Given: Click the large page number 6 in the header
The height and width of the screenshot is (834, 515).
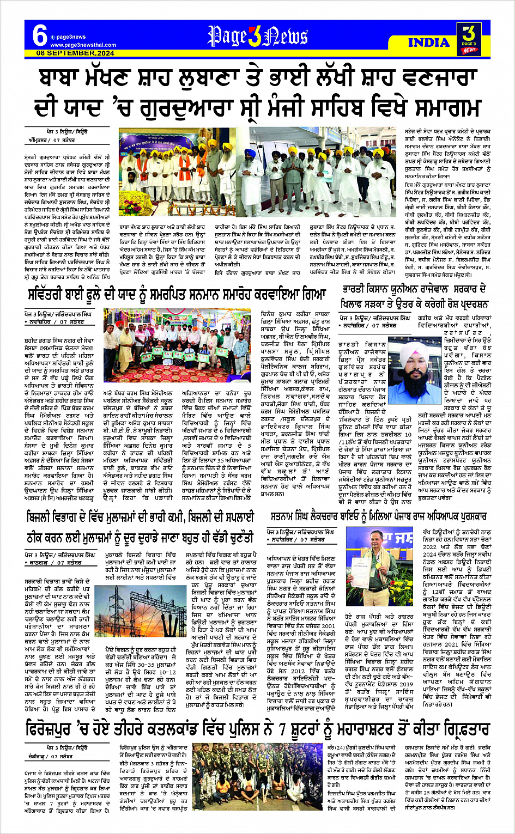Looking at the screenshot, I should (x=40, y=36).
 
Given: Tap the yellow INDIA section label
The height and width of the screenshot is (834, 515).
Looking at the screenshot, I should (x=428, y=42).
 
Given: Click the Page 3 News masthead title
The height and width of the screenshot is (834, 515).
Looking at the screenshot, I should (x=257, y=36).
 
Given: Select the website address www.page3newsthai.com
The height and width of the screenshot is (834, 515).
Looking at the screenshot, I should (x=83, y=45).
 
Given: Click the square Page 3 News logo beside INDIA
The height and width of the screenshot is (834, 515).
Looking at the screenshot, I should (x=468, y=39).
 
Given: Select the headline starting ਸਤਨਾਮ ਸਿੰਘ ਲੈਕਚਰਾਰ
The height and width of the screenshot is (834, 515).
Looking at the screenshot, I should (x=378, y=516).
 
